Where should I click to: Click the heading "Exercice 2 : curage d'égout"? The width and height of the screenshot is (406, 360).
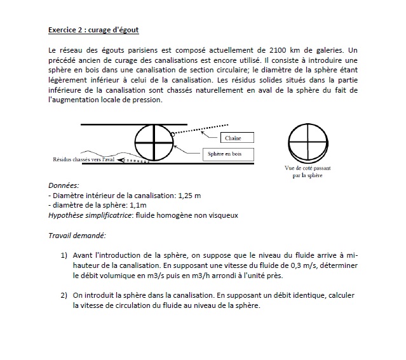click(93, 29)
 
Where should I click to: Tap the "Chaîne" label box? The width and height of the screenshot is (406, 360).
click(233, 138)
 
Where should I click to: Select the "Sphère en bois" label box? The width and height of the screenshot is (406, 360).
click(229, 154)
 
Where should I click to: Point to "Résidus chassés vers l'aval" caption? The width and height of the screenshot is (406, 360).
click(83, 159)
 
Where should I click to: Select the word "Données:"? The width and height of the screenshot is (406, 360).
click(64, 186)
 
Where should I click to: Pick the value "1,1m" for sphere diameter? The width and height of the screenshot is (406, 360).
click(137, 205)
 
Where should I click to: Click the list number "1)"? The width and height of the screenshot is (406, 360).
click(64, 255)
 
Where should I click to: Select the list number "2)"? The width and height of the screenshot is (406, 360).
click(64, 295)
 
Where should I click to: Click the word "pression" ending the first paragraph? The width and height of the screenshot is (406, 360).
click(146, 100)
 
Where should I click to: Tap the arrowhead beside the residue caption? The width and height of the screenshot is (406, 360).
click(118, 160)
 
